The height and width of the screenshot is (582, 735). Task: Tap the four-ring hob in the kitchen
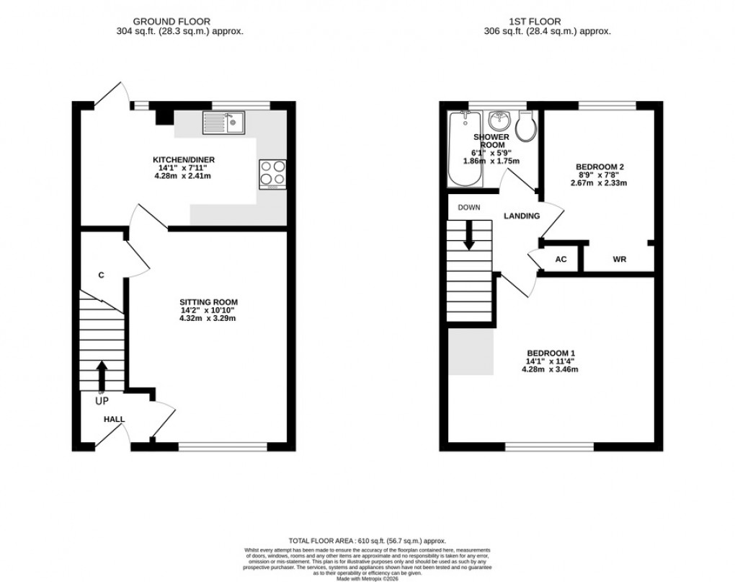pos(272,173)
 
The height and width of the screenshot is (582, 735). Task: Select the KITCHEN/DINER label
pos(183,159)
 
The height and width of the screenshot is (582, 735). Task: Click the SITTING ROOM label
pos(208,302)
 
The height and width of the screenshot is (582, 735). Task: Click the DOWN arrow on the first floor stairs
pos(469,236)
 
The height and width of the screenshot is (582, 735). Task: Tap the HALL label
pos(114,419)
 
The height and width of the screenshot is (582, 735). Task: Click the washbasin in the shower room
pos(497,120)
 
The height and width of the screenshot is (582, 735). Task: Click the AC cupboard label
pos(561,259)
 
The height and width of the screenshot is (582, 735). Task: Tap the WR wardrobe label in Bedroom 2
pos(619,259)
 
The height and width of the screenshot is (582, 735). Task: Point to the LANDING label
pos(522,216)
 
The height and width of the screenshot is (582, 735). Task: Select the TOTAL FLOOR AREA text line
pos(367,541)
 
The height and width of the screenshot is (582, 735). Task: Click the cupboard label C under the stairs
pos(101,275)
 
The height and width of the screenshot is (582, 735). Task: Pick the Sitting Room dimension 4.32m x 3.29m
pos(208,319)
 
